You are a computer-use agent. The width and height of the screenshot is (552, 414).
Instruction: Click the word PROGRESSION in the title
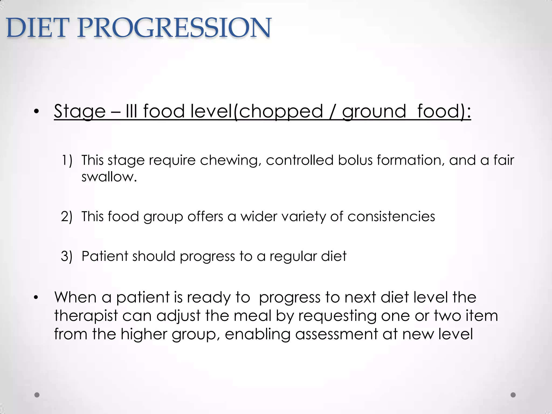(174, 28)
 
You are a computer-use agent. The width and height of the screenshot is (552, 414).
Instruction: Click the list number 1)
(67, 160)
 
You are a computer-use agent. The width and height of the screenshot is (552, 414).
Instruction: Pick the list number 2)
(67, 216)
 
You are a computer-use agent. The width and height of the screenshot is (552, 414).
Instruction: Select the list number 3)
(67, 256)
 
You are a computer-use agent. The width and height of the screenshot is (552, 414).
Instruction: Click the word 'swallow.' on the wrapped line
(109, 177)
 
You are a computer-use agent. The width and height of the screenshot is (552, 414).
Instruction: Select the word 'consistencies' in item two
(391, 216)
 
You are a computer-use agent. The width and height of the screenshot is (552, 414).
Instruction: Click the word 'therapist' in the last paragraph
(86, 316)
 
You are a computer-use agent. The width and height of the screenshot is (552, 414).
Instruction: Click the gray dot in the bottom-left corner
(37, 395)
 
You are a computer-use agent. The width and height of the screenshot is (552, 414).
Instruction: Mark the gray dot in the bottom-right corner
(513, 395)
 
